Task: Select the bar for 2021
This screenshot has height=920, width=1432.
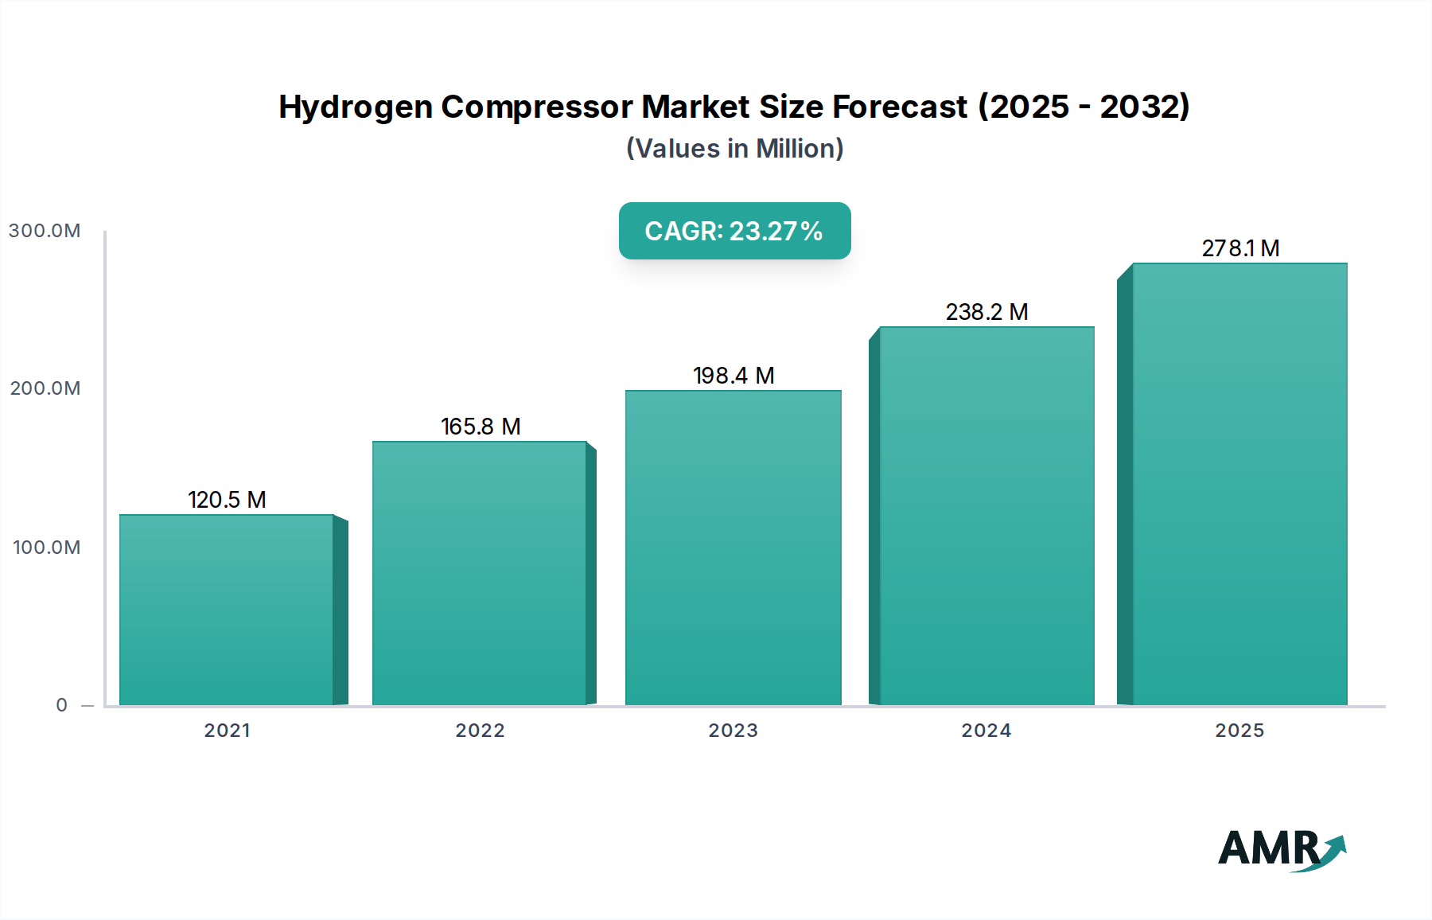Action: pyautogui.click(x=227, y=610)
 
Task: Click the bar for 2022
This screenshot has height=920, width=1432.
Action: pyautogui.click(x=480, y=573)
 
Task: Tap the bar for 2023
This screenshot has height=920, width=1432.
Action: pyautogui.click(x=733, y=548)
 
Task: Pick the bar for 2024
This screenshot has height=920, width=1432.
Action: pyautogui.click(x=986, y=516)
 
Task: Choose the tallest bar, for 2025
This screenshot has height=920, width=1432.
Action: pyautogui.click(x=1239, y=484)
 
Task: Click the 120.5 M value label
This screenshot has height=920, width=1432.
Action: pyautogui.click(x=227, y=500)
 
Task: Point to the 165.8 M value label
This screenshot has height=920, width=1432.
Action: pyautogui.click(x=481, y=427)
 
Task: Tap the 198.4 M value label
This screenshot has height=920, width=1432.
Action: pyautogui.click(x=734, y=376)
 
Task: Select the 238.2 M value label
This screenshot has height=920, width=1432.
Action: pyautogui.click(x=986, y=312)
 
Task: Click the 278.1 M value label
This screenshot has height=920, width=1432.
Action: pyautogui.click(x=1240, y=248)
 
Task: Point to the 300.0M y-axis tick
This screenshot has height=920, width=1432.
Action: pyautogui.click(x=45, y=231)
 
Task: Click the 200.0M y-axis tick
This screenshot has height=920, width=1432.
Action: pyautogui.click(x=45, y=388)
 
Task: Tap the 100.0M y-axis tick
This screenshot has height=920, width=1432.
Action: pyautogui.click(x=46, y=548)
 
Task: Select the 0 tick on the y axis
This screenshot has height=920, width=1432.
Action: pyautogui.click(x=62, y=705)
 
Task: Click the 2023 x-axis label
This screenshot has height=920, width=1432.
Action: pyautogui.click(x=733, y=731)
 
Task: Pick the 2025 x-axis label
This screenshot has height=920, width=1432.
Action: pyautogui.click(x=1239, y=731)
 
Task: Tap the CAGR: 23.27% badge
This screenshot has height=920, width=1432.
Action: pyautogui.click(x=734, y=231)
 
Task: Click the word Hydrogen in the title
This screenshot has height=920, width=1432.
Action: pyautogui.click(x=355, y=107)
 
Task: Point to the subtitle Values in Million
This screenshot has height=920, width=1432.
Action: pyautogui.click(x=734, y=149)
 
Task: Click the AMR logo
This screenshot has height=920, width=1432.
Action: pyautogui.click(x=1281, y=849)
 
